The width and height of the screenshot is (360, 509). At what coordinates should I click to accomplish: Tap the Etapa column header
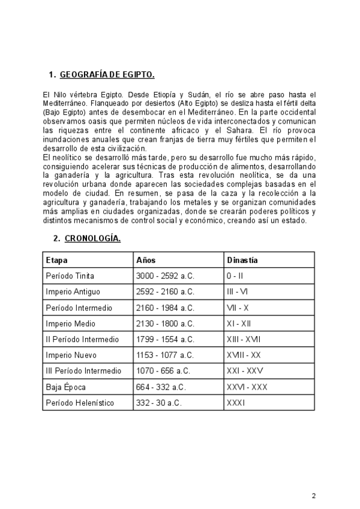point(56,260)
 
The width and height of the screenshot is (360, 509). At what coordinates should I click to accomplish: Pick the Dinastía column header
point(242,260)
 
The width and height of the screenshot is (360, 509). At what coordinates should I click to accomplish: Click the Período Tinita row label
point(70,276)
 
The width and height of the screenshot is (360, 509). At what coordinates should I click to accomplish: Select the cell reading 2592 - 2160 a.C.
point(165,292)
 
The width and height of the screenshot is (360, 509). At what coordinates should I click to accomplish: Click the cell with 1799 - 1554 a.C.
point(165,339)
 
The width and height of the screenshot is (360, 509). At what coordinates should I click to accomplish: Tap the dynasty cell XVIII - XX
point(244,355)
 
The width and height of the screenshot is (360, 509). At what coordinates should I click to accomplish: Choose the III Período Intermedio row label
point(83,370)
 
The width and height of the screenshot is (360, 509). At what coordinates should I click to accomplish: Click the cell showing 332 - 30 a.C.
point(158,402)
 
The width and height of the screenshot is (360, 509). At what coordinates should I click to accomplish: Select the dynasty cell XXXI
point(236,402)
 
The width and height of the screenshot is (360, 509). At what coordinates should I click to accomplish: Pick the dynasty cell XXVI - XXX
point(247,387)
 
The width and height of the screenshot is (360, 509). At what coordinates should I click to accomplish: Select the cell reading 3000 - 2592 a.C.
point(165,276)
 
